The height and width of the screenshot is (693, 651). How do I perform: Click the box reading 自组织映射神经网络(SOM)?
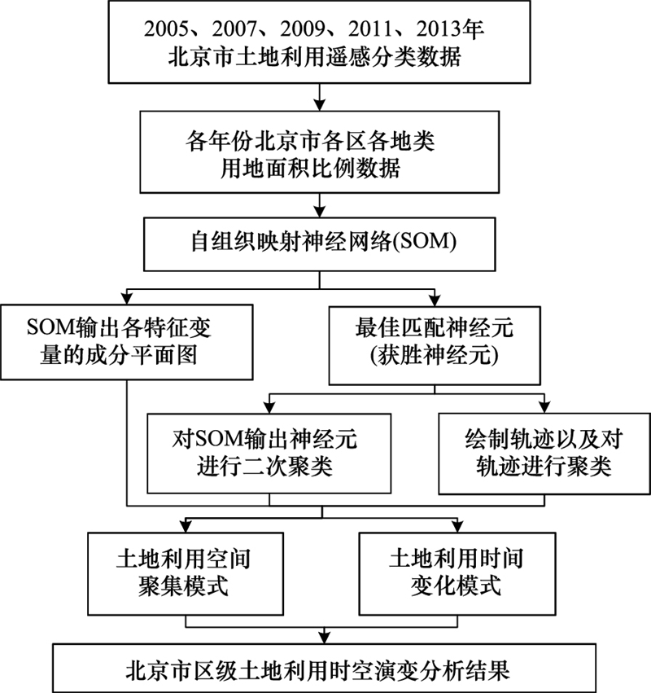(319, 244)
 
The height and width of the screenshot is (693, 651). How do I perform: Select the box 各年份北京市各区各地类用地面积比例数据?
(319, 151)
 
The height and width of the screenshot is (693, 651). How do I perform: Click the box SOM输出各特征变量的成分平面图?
(127, 342)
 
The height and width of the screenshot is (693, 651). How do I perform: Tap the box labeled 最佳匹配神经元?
(435, 345)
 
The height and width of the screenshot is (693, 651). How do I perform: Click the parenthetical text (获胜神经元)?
(435, 356)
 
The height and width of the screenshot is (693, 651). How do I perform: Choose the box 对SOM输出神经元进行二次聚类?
(269, 453)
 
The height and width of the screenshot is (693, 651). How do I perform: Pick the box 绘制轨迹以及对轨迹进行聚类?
(544, 453)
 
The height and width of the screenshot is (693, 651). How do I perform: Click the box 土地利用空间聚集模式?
(186, 573)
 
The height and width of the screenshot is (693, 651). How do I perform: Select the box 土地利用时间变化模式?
(457, 573)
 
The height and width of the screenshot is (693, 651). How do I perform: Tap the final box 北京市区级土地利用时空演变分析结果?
(324, 668)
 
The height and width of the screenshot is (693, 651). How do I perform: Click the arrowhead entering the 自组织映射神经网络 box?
(319, 211)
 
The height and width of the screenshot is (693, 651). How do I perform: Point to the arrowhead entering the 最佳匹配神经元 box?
(435, 300)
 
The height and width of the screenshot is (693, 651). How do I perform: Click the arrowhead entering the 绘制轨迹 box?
(544, 407)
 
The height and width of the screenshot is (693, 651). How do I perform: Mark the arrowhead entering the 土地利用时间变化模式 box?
(457, 526)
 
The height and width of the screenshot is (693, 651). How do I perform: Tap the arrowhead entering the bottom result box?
(324, 638)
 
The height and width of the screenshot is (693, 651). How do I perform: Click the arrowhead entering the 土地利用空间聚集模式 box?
(186, 526)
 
